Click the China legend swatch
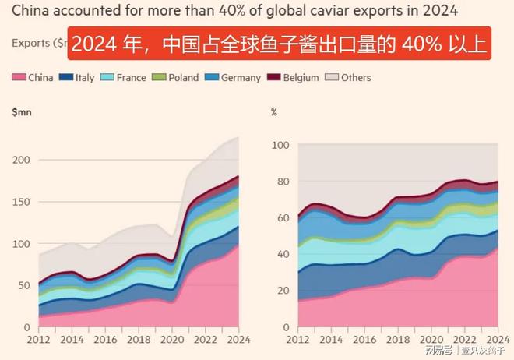(18, 78)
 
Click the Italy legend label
(85, 78)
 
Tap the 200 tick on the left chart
(21, 160)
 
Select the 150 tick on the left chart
(21, 202)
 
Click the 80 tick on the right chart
(282, 182)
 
